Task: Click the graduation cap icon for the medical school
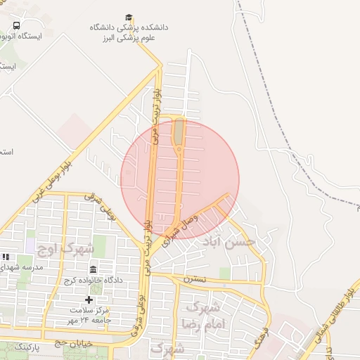(x=129, y=17)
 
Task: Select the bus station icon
(x=16, y=26)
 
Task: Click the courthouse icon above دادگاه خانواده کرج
(x=94, y=269)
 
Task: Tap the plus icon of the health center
(x=89, y=300)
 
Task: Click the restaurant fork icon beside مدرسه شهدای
(x=6, y=257)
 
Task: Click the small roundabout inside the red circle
(x=179, y=148)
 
